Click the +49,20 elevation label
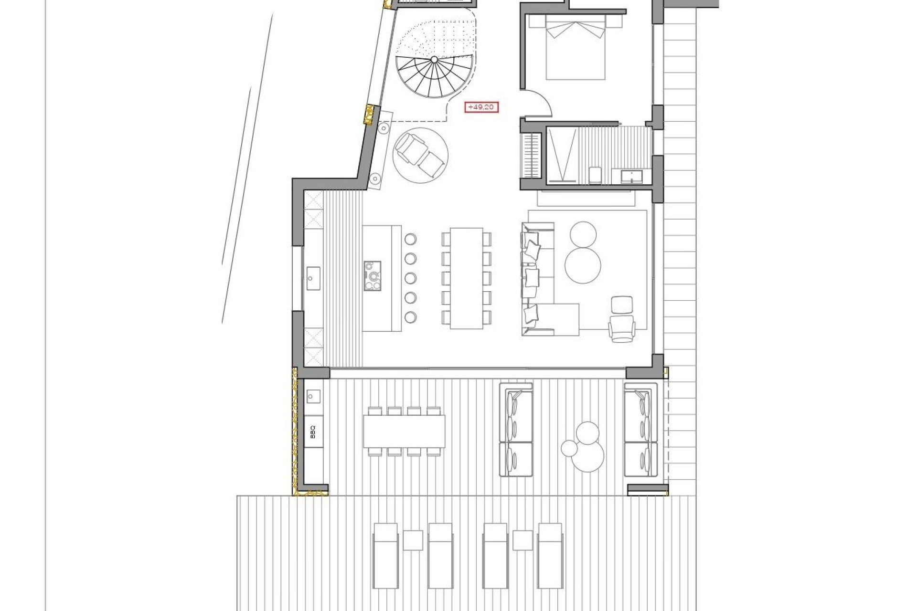[x=481, y=107]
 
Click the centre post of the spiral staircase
[x=434, y=60]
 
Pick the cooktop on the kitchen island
[x=373, y=275]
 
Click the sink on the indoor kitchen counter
[x=313, y=276]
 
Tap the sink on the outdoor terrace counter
[x=313, y=396]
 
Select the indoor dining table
[x=467, y=278]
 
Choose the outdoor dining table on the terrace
[x=404, y=432]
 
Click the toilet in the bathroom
[x=595, y=175]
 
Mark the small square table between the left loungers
[x=413, y=540]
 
